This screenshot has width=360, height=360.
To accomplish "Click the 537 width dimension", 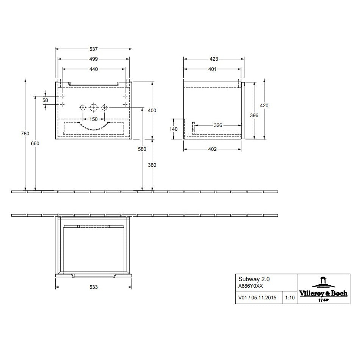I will pyautogui.click(x=94, y=49).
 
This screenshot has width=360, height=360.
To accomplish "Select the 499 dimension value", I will pyautogui.click(x=94, y=59).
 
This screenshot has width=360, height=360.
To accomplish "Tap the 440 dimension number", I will pyautogui.click(x=94, y=69).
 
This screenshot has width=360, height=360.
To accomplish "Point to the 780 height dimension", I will pyautogui.click(x=25, y=133).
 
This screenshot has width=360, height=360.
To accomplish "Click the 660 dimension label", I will pyautogui.click(x=35, y=143).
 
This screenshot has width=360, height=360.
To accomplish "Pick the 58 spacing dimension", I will pyautogui.click(x=45, y=100).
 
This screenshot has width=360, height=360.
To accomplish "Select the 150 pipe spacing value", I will pyautogui.click(x=93, y=118).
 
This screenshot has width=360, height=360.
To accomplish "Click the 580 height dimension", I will pyautogui.click(x=142, y=149).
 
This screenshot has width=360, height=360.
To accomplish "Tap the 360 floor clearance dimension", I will pyautogui.click(x=152, y=165).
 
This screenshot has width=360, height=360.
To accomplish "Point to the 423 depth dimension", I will pyautogui.click(x=213, y=59).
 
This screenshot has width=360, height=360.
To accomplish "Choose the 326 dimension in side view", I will pyautogui.click(x=218, y=125).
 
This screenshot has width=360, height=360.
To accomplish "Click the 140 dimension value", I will pyautogui.click(x=174, y=129).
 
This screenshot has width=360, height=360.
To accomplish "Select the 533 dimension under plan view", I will pyautogui.click(x=93, y=287).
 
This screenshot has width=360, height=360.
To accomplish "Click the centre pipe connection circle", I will pyautogui.click(x=93, y=108).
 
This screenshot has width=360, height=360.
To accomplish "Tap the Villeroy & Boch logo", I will pyautogui.click(x=323, y=289).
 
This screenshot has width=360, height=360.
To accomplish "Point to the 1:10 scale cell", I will pyautogui.click(x=290, y=298).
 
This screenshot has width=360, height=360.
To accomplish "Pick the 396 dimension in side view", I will pyautogui.click(x=254, y=115).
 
